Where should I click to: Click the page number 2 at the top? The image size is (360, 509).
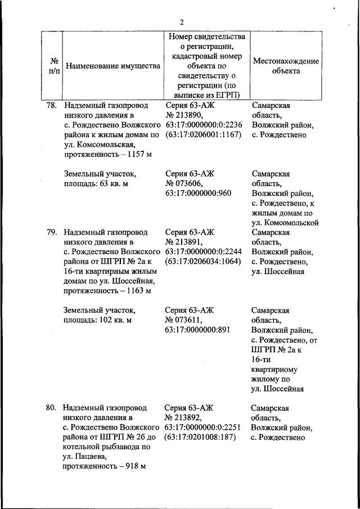click(x=182, y=22)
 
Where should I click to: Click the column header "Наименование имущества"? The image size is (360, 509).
click(x=113, y=66)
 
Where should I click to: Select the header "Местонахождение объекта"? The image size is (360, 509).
click(x=286, y=66)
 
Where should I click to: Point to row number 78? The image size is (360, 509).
click(x=52, y=105)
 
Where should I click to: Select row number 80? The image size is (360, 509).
click(x=52, y=408)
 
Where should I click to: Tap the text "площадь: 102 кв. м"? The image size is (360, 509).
click(x=97, y=319)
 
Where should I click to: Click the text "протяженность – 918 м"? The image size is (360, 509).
click(x=105, y=467)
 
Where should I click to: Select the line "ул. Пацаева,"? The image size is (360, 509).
click(x=84, y=457)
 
